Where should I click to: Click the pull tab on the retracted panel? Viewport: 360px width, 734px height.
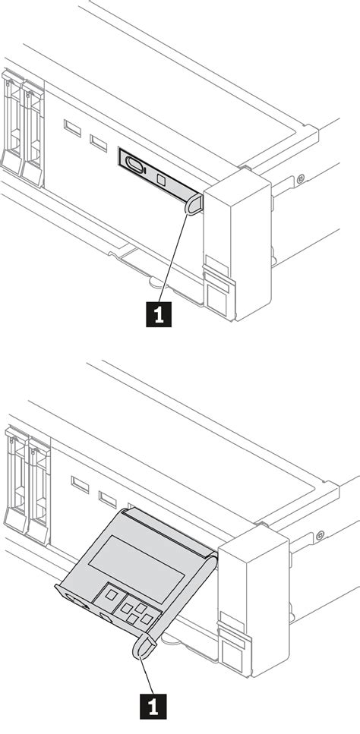194,203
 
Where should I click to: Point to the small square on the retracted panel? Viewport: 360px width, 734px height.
161,180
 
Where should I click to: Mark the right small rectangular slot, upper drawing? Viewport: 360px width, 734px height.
99,142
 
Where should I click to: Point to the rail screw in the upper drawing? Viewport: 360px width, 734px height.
302,178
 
